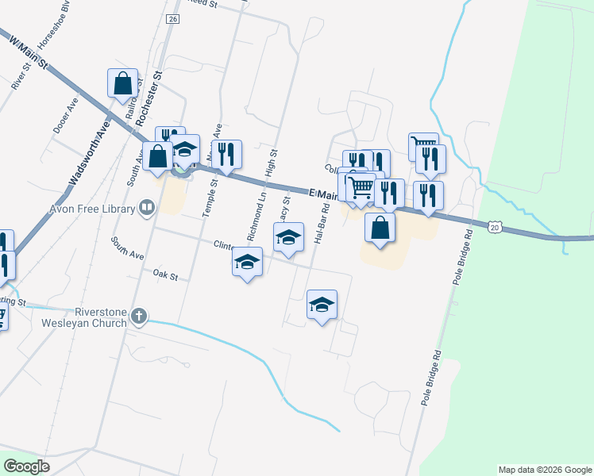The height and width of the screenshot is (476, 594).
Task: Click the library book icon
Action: point(147,208)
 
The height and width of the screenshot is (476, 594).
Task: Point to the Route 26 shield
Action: point(174,18)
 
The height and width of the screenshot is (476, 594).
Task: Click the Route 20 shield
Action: point(495,228)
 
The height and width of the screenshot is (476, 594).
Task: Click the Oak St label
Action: point(164,275)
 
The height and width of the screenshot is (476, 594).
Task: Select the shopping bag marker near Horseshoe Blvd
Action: point(122,83)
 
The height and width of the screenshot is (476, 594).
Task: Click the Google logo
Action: point(27,466)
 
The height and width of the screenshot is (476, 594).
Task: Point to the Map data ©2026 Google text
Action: point(545,470)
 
